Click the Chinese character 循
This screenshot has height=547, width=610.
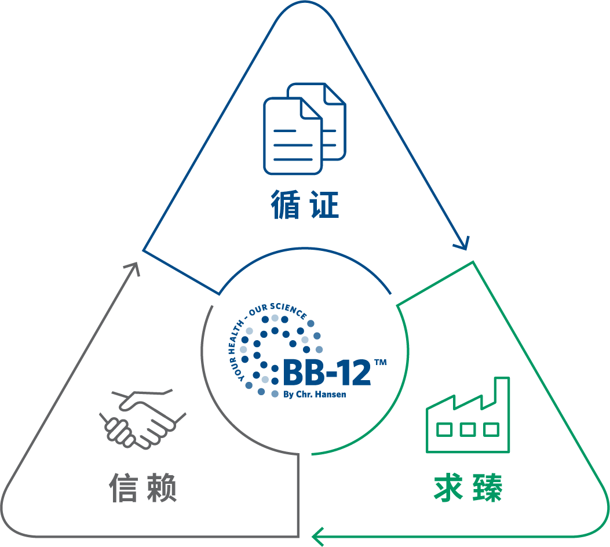pyautogui.click(x=286, y=205)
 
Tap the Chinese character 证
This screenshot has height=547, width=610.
pyautogui.click(x=324, y=205)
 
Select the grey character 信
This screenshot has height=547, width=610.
pyautogui.click(x=123, y=487)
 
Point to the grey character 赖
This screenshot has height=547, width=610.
pyautogui.click(x=162, y=487)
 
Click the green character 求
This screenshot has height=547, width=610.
pyautogui.click(x=448, y=487)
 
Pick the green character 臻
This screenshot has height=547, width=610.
pyautogui.click(x=487, y=487)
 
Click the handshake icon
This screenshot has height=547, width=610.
pyautogui.click(x=143, y=418)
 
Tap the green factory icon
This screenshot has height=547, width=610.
pyautogui.click(x=467, y=415)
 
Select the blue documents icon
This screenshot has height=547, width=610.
pyautogui.click(x=305, y=129)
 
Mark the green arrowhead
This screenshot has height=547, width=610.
pyautogui.click(x=318, y=537)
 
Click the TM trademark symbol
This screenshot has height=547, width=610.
pyautogui.click(x=381, y=363)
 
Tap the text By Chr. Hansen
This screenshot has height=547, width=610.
pyautogui.click(x=315, y=395)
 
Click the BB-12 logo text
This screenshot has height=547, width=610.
pyautogui.click(x=327, y=373)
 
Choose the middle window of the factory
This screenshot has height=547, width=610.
pyautogui.click(x=467, y=429)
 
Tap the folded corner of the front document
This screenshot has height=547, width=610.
pyautogui.click(x=311, y=108)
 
